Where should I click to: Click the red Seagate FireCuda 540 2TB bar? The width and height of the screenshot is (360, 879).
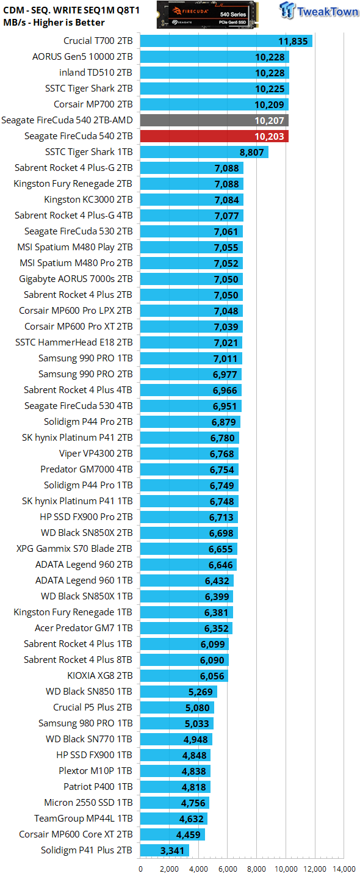214,136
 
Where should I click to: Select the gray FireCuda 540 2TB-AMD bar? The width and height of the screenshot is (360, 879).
214,120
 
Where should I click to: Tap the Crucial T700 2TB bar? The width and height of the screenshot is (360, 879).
226,41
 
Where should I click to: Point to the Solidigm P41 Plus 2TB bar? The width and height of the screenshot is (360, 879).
164,850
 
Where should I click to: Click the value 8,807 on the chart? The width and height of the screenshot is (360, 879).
252,152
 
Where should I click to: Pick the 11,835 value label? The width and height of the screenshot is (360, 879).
293,42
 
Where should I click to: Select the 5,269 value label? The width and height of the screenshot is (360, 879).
200,692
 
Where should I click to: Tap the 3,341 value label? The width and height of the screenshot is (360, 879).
172,850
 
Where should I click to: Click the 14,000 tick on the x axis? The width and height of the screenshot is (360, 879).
344,869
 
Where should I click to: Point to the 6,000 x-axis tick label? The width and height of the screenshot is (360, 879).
228,869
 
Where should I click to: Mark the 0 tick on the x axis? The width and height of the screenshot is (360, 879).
140,869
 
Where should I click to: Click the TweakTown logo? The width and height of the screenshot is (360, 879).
319,10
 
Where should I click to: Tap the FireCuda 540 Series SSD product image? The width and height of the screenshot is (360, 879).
207,15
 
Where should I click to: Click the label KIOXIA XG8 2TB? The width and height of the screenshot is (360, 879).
100,675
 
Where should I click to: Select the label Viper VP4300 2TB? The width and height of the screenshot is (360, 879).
96,453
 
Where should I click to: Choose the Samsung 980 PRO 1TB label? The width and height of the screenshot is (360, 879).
85,723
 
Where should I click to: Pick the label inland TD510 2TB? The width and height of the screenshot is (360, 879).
96,73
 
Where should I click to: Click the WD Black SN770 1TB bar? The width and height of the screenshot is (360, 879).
176,739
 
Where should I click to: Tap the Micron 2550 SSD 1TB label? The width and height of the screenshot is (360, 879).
88,803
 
